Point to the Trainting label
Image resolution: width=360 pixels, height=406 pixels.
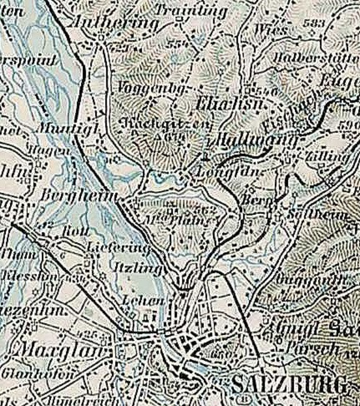191,10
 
